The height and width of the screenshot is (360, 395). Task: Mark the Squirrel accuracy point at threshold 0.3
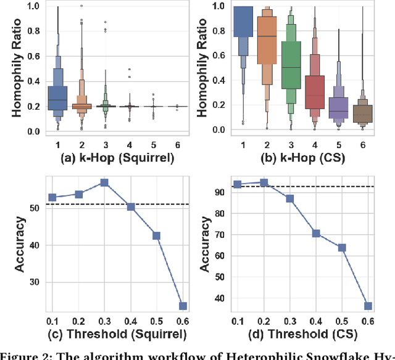(104, 183)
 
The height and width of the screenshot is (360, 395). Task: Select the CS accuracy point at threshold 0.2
(264, 182)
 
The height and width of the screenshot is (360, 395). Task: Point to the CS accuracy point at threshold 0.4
(316, 234)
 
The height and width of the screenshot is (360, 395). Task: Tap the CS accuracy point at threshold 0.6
(368, 306)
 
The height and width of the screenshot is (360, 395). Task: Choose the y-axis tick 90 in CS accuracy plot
(228, 191)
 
